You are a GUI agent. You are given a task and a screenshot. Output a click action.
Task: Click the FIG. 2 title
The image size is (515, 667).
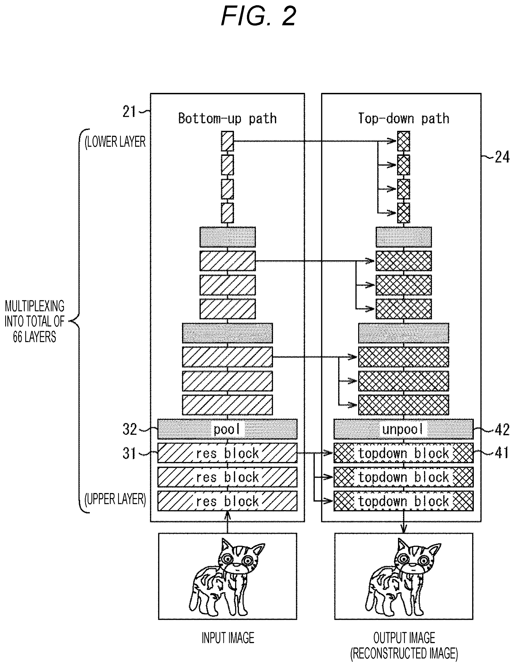(258, 16)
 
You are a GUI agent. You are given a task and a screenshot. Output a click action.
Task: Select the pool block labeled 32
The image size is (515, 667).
(227, 429)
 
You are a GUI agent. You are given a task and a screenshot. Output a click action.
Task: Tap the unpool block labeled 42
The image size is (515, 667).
(403, 429)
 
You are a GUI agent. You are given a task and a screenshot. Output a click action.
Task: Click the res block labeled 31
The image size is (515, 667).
(227, 453)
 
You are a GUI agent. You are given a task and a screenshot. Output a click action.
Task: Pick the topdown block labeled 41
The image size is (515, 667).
(403, 453)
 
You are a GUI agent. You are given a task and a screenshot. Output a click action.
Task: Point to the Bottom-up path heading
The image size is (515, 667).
(227, 118)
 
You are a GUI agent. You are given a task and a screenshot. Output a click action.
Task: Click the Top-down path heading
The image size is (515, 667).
(403, 118)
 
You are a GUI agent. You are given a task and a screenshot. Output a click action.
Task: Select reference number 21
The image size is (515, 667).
(129, 112)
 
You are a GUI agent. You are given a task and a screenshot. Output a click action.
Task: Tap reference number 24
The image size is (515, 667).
(502, 157)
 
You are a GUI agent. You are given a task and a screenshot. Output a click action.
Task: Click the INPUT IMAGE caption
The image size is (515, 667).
(228, 638)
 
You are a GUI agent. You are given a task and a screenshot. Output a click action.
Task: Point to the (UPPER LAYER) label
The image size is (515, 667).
(115, 499)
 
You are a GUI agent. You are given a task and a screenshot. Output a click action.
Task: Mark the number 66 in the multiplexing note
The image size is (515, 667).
(17, 337)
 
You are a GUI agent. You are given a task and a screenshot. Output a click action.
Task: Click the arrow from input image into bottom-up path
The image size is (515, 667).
(227, 522)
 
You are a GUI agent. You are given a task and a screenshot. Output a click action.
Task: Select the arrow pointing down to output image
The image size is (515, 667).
(403, 522)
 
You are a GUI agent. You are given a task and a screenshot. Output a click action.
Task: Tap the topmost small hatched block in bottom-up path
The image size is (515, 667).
(227, 141)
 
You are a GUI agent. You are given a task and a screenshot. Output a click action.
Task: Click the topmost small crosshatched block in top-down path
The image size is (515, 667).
(403, 141)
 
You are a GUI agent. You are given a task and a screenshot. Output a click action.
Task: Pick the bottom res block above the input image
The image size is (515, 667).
(227, 501)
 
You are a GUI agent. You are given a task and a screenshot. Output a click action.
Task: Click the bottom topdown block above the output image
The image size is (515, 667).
(403, 501)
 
